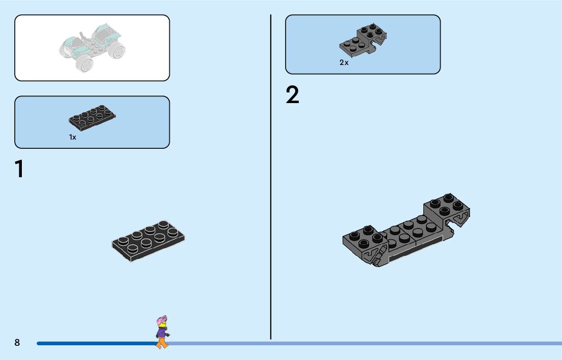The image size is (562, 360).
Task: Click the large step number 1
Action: point(19,169)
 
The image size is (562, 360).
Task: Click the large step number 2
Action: point(293,95)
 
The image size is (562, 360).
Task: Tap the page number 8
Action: point(17,343)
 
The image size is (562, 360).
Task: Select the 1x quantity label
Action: point(73,137)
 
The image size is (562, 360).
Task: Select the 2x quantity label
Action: point(344,63)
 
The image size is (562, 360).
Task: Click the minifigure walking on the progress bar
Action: point(162,333)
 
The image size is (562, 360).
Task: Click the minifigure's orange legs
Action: point(162,344)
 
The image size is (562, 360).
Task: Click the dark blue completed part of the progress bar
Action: point(91,344)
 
